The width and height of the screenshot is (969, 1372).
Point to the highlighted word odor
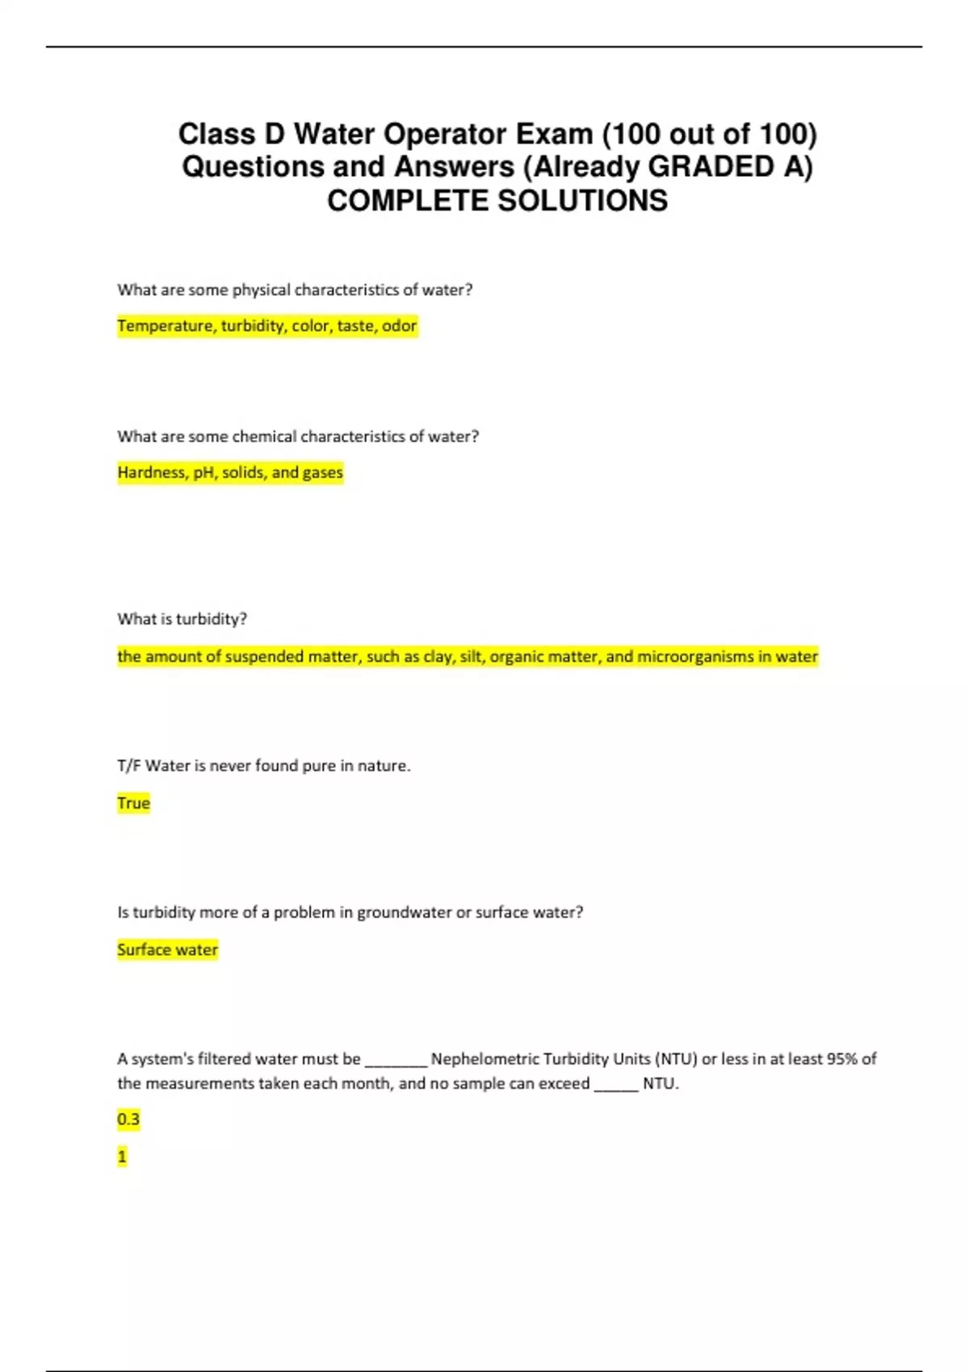pyautogui.click(x=399, y=326)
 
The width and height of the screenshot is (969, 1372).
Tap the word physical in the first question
pyautogui.click(x=261, y=290)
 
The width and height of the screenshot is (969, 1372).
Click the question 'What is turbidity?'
pyautogui.click(x=182, y=619)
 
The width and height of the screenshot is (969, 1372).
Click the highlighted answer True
pyautogui.click(x=134, y=803)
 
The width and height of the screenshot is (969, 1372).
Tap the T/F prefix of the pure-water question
pyautogui.click(x=128, y=766)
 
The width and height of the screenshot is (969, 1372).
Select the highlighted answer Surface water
pyautogui.click(x=167, y=950)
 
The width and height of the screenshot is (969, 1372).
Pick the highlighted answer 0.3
pyautogui.click(x=128, y=1119)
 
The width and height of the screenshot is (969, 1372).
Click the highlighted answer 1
pyautogui.click(x=122, y=1157)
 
